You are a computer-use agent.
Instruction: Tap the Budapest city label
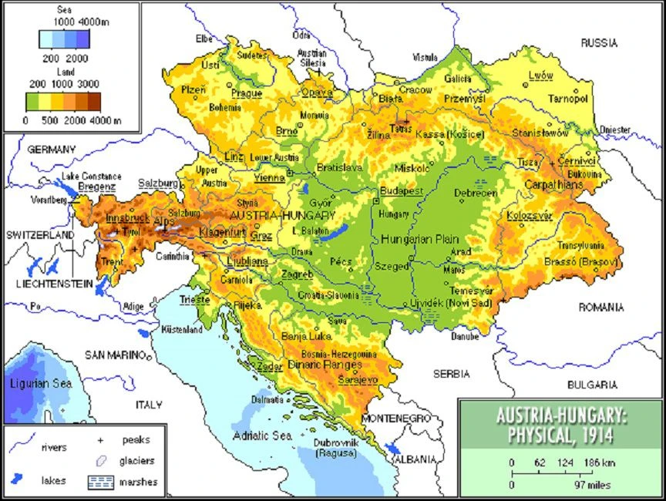[x=402, y=190]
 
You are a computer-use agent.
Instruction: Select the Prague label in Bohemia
[x=247, y=93]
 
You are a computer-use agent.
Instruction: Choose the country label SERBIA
[x=451, y=374]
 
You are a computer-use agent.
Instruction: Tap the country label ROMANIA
[x=601, y=307]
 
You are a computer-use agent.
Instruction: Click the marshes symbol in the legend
[x=100, y=482]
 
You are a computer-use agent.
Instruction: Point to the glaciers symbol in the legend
[x=100, y=461]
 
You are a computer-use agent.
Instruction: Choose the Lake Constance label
[x=92, y=176]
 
